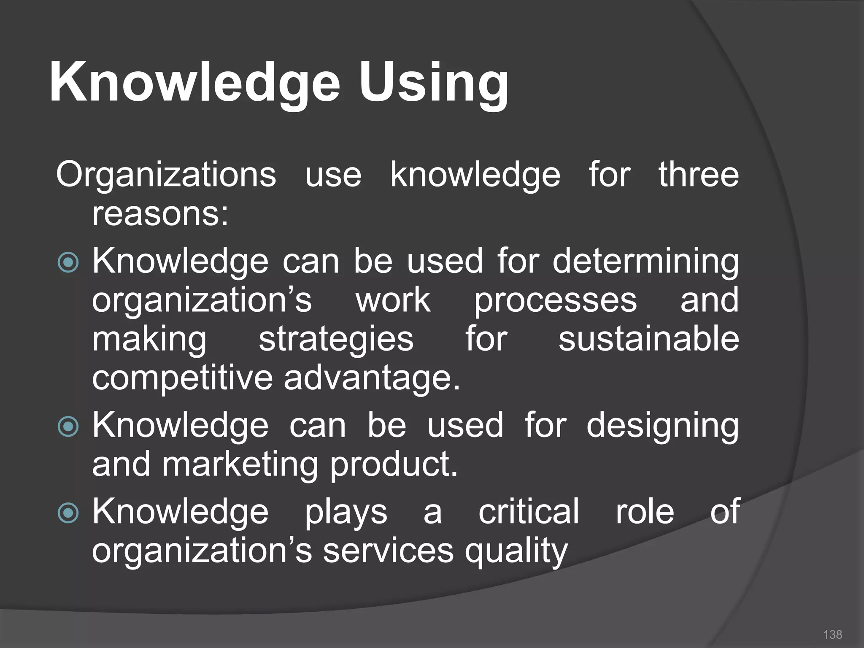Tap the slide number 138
pos(832,634)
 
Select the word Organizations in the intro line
pos(166,175)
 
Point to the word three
pos(699,175)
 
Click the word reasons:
pos(160,214)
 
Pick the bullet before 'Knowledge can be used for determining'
pos(68,262)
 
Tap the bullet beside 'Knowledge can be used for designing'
pos(68,426)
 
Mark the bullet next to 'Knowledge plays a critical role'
pos(68,513)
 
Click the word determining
pos(645,262)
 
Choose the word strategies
pos(336,339)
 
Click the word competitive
pos(182,378)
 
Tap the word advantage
pos(371,379)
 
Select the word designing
pos(662,426)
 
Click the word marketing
pos(240,465)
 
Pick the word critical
pos(529,511)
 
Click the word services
pos(388,551)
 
